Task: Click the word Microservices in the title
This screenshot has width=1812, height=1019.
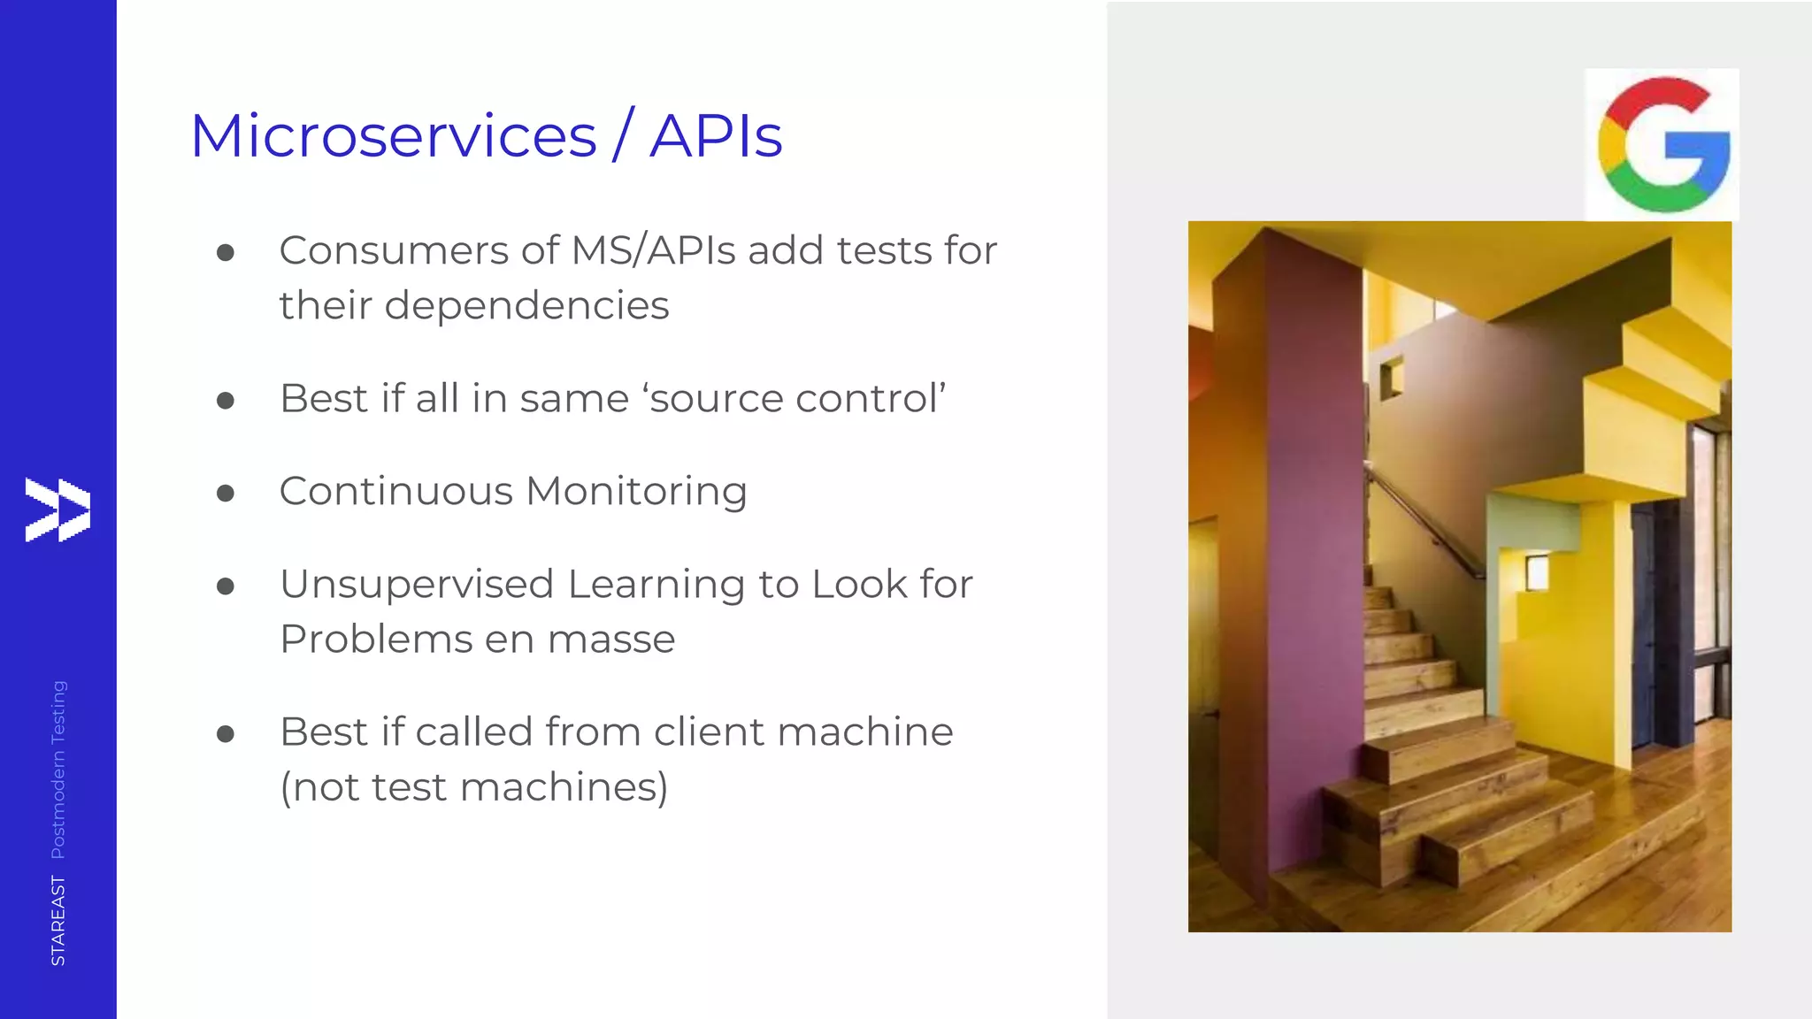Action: point(394,136)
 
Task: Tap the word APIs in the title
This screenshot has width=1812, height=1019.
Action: point(716,136)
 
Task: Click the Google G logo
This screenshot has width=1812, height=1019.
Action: point(1662,145)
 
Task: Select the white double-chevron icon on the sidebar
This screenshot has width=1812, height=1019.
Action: point(58,509)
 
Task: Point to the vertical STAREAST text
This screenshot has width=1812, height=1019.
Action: point(58,920)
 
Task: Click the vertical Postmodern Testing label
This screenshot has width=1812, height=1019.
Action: point(58,770)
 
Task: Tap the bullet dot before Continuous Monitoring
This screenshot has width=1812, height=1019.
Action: point(226,493)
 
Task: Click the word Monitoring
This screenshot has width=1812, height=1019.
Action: point(636,491)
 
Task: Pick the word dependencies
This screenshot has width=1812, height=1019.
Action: point(526,306)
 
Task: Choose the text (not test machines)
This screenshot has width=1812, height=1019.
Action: point(474,787)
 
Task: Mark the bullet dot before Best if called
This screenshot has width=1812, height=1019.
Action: point(226,733)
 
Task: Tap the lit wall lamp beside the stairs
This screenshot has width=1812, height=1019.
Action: point(1537,572)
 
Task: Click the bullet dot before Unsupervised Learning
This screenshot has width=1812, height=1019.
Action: point(226,586)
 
